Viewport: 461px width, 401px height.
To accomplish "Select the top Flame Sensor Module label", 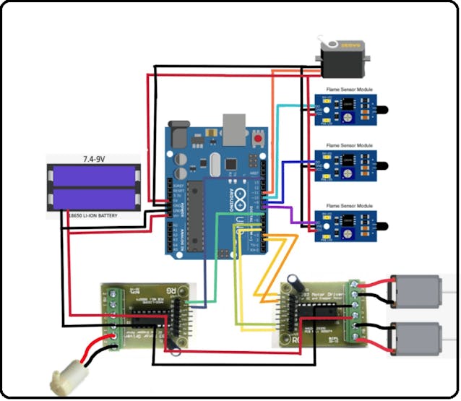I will [x=349, y=90].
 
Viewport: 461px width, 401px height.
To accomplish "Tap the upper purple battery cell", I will [x=92, y=176].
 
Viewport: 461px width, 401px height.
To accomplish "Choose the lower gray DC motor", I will [x=415, y=336].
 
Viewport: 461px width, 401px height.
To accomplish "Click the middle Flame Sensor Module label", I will [x=349, y=146].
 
